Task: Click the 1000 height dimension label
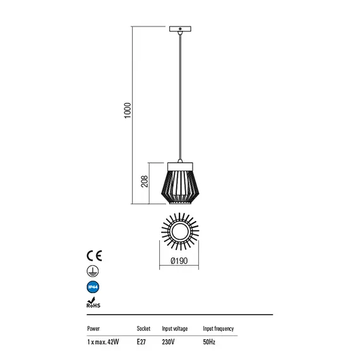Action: click(x=128, y=111)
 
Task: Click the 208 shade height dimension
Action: click(x=145, y=181)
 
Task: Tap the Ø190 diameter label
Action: click(x=179, y=261)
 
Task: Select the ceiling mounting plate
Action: click(x=180, y=29)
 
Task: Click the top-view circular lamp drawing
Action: click(x=180, y=231)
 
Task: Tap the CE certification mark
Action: click(x=94, y=256)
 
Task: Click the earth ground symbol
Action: click(x=93, y=271)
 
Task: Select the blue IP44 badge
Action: click(x=93, y=287)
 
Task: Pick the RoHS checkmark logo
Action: click(x=93, y=303)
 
